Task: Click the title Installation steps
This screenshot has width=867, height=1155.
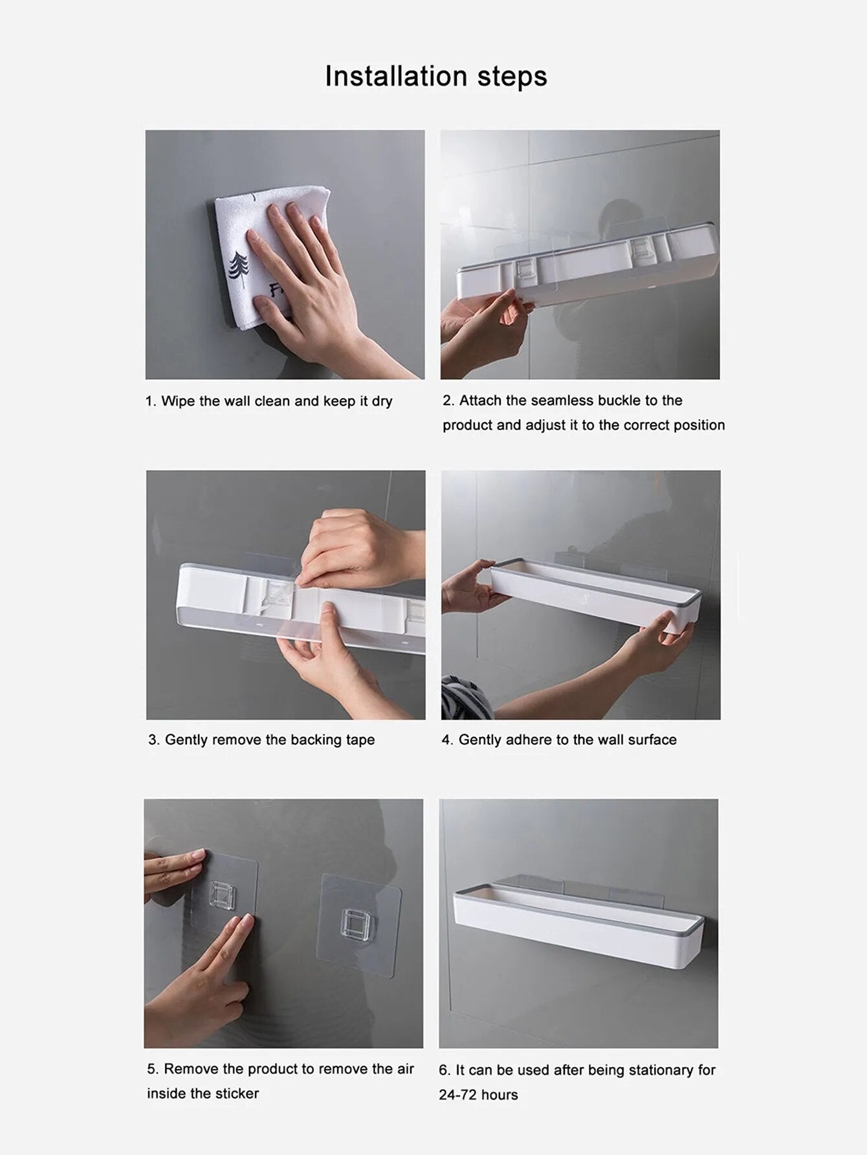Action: click(x=435, y=76)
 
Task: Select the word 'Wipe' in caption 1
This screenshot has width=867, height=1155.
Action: click(x=178, y=401)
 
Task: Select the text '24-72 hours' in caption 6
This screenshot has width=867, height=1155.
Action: click(x=478, y=1095)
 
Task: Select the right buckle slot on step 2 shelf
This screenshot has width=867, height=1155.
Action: click(x=641, y=249)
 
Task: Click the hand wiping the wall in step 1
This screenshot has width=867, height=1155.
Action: click(x=311, y=285)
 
